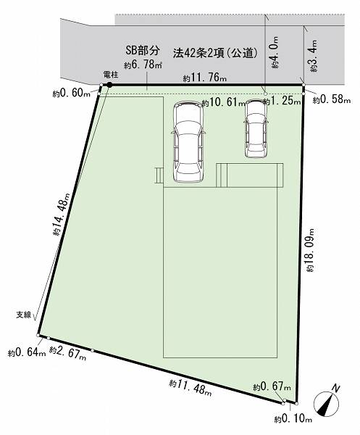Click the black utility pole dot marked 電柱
110,85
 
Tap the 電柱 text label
111,75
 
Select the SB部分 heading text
143,50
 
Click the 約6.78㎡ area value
143,65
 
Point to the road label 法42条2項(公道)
216,53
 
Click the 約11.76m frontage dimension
205,78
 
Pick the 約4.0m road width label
275,52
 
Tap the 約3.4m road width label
314,57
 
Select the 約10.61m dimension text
223,103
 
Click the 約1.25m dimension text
282,101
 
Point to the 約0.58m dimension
332,99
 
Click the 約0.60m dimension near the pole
72,94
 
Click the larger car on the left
188,142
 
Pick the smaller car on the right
256,128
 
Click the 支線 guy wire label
24,315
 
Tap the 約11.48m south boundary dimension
191,388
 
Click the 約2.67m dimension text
67,353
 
